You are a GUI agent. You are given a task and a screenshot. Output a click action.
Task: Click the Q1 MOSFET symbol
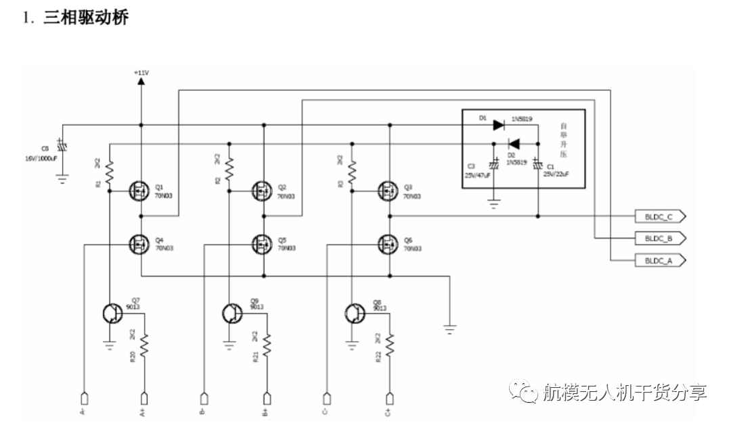coord(140,192)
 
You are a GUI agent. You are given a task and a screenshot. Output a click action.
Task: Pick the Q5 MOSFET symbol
coord(263,243)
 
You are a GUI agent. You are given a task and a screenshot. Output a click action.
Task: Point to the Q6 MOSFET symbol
coord(389,243)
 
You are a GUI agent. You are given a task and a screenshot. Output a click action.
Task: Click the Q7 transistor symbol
coord(111,313)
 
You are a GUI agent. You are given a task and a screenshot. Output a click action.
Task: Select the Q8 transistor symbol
coord(353,313)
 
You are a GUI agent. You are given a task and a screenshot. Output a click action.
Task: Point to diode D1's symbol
coord(499,125)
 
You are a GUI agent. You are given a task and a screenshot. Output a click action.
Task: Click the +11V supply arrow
coord(141,80)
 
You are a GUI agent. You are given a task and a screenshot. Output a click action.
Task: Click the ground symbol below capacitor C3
coord(494,203)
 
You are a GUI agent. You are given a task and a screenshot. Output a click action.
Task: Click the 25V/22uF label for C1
coord(556,174)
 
